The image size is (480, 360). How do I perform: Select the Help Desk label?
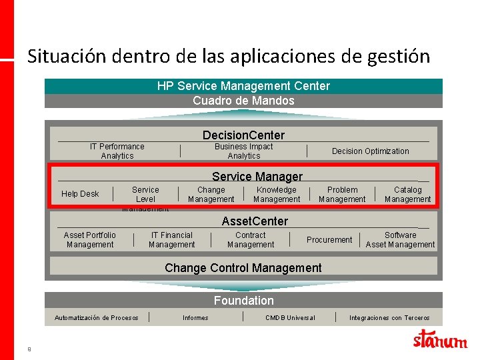click(x=80, y=194)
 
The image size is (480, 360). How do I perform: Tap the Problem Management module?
click(x=342, y=195)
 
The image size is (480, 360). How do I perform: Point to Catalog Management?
click(x=407, y=195)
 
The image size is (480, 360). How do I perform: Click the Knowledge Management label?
click(x=277, y=195)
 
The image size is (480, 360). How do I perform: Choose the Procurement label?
click(x=329, y=240)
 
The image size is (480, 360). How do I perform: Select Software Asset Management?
click(x=400, y=240)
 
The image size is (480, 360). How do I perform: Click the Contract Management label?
click(x=251, y=240)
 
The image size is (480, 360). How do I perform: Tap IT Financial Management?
click(x=171, y=240)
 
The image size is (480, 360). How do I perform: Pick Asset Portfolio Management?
click(x=90, y=240)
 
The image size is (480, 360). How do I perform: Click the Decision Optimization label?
click(x=371, y=151)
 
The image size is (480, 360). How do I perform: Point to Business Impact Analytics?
click(x=244, y=151)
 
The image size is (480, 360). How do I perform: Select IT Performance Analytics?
click(x=117, y=151)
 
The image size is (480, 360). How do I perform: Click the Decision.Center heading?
click(x=243, y=135)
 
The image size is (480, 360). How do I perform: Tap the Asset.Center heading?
click(x=255, y=221)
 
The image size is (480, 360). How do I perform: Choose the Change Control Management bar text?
click(x=243, y=268)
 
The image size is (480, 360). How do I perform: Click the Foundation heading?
click(x=243, y=301)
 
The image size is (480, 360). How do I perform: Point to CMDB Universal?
click(x=290, y=318)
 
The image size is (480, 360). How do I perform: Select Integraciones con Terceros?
click(x=389, y=318)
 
